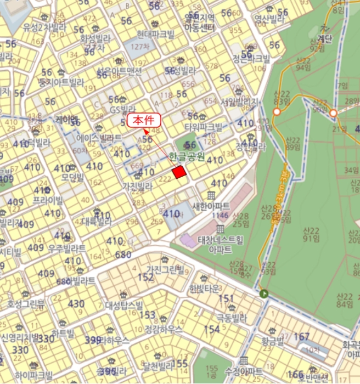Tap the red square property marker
[179, 172]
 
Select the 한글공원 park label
[187, 157]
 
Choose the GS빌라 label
[122, 109]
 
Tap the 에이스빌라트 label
[99, 138]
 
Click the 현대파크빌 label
[155, 34]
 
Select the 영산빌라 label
[269, 18]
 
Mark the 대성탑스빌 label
[123, 306]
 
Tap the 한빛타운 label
[204, 289]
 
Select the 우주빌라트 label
[66, 247]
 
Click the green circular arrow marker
[265, 294]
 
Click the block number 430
[76, 304]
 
